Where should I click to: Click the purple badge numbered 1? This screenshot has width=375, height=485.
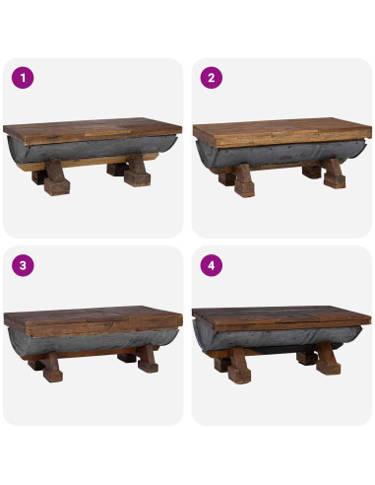coord(23,76)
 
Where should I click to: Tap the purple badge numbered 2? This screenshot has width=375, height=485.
coord(210,76)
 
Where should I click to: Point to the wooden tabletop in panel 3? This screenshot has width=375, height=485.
coord(94,318)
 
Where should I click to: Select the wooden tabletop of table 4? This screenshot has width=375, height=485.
coord(281,318)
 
